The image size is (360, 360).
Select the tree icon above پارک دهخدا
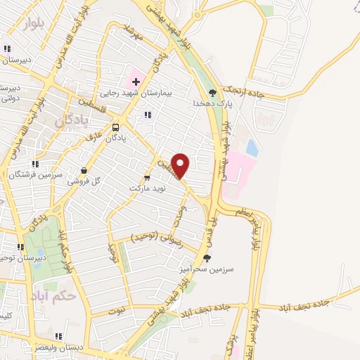[x=213, y=92]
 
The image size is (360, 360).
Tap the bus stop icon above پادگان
[x=115, y=127]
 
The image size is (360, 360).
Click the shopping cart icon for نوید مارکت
[x=147, y=177]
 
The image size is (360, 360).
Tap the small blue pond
[x=252, y=148]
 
